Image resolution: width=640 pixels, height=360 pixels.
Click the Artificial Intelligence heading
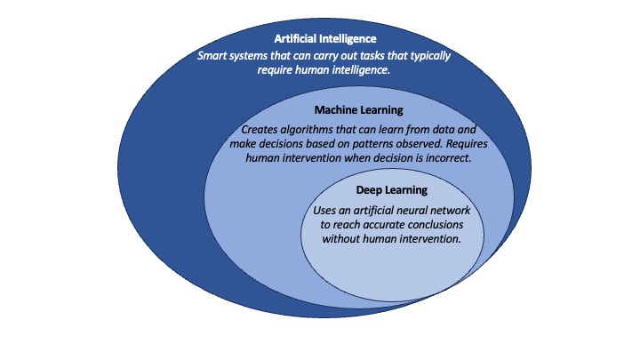[x=325, y=39]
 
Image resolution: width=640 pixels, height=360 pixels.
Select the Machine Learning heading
[x=358, y=110]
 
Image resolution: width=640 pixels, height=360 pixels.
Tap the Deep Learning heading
[x=391, y=190]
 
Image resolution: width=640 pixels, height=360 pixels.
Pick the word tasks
[x=372, y=55]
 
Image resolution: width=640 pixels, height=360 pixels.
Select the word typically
[x=430, y=56]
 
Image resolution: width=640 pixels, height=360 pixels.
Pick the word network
[x=449, y=211]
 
